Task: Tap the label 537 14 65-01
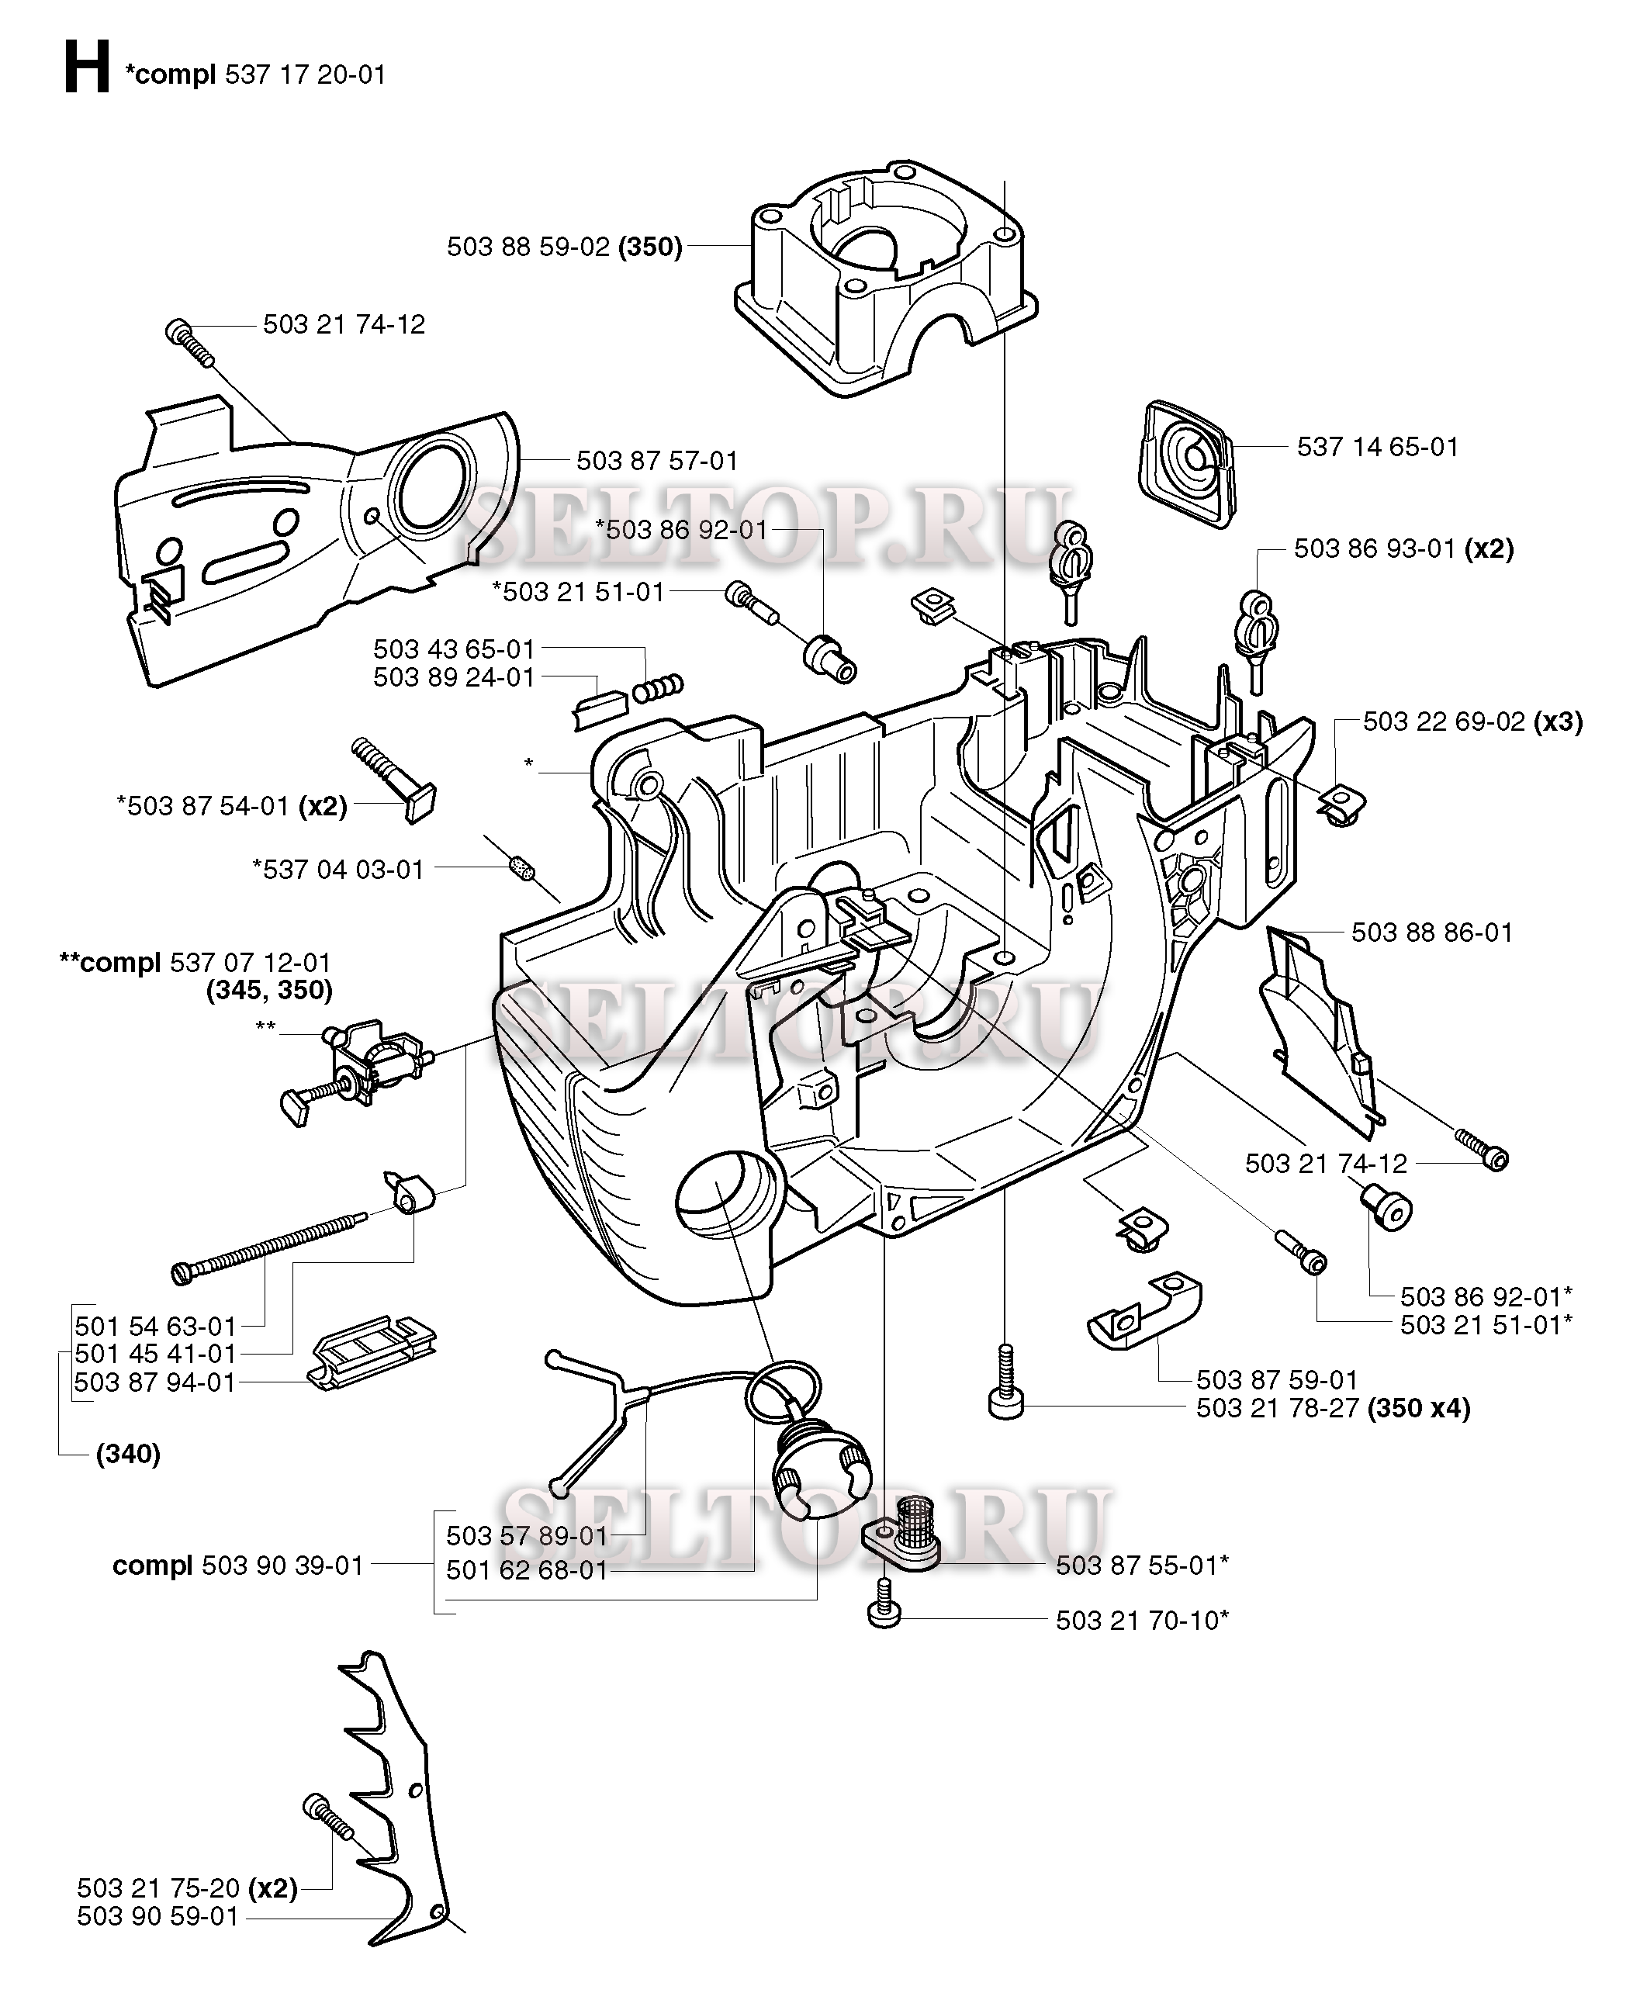[x=1377, y=447]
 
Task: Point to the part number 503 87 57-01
[x=656, y=461]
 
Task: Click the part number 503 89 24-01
[x=454, y=677]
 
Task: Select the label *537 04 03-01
[x=338, y=869]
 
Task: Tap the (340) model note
[x=129, y=1454]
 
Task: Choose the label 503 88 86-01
[x=1432, y=932]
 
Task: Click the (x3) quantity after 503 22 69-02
[x=1558, y=721]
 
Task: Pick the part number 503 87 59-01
[x=1276, y=1380]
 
